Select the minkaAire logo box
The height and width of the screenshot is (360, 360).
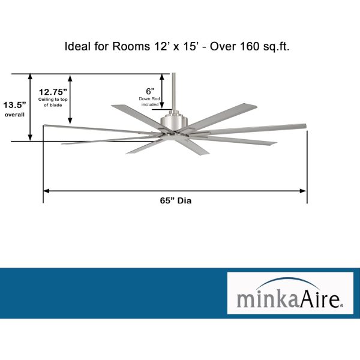[x=290, y=293]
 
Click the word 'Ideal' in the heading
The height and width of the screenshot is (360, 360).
[x=77, y=47]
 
